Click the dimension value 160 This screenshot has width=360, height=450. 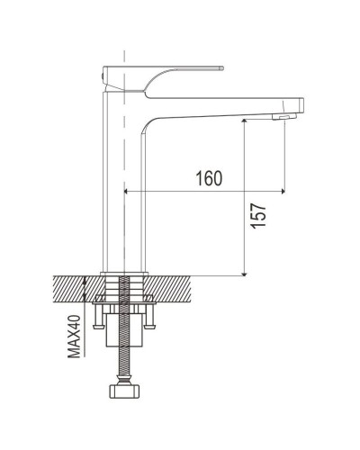[209, 178]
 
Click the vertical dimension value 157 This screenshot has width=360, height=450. [258, 216]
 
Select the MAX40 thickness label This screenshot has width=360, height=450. [74, 337]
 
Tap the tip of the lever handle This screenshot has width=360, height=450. [222, 68]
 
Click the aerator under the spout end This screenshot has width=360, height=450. [283, 117]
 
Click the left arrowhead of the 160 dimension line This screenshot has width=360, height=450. [126, 191]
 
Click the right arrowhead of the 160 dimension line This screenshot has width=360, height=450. [283, 191]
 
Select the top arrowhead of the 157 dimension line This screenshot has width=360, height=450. [245, 121]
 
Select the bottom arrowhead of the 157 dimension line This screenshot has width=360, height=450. [245, 274]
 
